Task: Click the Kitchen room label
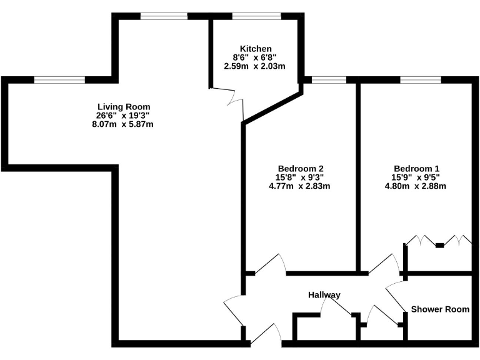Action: click(x=255, y=49)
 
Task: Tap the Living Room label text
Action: click(x=124, y=107)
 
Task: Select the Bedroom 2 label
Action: click(x=300, y=168)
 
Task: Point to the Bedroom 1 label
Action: click(x=417, y=168)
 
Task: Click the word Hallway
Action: click(x=324, y=295)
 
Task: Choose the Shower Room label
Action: click(x=440, y=309)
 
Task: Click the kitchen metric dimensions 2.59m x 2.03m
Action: click(x=255, y=66)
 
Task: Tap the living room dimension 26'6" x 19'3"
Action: click(x=124, y=116)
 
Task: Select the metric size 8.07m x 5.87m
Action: click(x=123, y=124)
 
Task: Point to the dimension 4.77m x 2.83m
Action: click(x=300, y=186)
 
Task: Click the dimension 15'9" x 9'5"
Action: click(x=417, y=177)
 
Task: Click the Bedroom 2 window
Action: click(x=329, y=79)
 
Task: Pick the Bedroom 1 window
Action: click(x=420, y=79)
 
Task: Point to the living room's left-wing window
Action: click(x=59, y=79)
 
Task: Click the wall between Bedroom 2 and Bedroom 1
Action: click(x=358, y=175)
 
